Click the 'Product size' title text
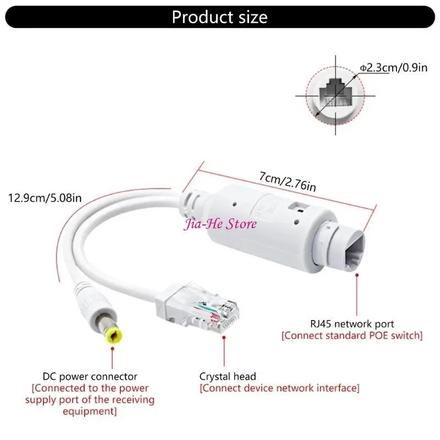[x=219, y=17]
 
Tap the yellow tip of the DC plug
[x=113, y=336]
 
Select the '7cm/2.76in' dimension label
[x=287, y=182]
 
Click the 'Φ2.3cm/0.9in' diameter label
[x=394, y=68]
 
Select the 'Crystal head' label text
[x=228, y=377]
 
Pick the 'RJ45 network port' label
[x=352, y=324]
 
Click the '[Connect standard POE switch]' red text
[x=352, y=335]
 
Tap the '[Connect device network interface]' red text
[x=279, y=388]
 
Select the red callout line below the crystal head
[x=223, y=353]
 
